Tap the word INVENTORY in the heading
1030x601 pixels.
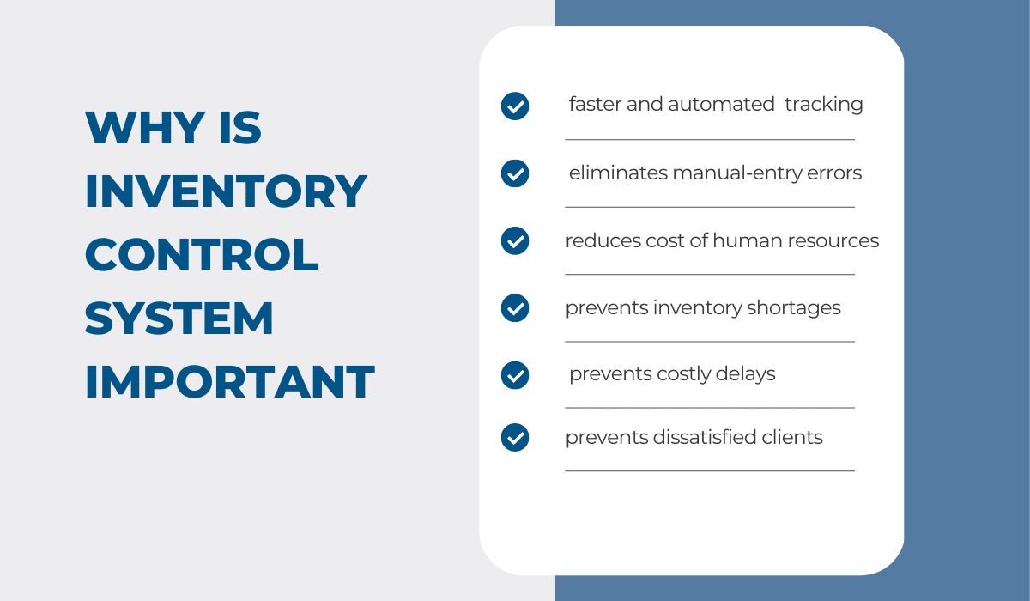tap(226, 191)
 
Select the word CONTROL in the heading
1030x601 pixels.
tap(202, 255)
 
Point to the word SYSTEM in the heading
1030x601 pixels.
tap(179, 319)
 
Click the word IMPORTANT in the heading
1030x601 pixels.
tap(229, 382)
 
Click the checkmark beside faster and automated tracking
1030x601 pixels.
tap(515, 106)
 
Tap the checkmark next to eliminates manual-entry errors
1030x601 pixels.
tap(515, 173)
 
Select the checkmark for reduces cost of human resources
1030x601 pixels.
tap(515, 240)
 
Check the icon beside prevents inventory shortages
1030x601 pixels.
tap(515, 307)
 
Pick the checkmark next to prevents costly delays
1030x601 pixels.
tap(515, 375)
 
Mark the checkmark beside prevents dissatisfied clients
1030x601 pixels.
tap(515, 438)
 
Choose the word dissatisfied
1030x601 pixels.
tap(704, 438)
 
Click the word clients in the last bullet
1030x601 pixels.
tap(792, 438)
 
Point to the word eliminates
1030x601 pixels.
tap(618, 173)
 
